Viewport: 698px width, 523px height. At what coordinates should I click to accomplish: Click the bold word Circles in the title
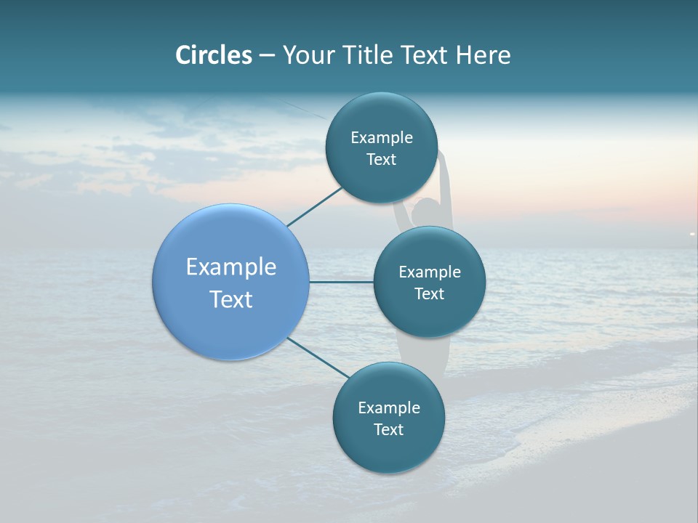coord(214,55)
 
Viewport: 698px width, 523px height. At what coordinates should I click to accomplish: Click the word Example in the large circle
coord(231,267)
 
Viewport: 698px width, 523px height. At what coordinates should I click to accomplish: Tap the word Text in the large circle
coord(231,299)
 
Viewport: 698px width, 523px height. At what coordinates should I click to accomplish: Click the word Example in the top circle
coord(381,137)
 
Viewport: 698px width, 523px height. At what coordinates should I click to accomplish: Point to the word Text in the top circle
coord(381,159)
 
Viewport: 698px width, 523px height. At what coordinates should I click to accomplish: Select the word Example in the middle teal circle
coord(429,272)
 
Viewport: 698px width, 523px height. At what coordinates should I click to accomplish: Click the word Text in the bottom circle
coord(388,429)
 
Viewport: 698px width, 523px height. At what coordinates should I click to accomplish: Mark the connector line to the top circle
coord(314,207)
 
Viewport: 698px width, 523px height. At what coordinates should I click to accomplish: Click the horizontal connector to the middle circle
coord(341,282)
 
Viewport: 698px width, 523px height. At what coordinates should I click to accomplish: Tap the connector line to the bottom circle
coord(318,357)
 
